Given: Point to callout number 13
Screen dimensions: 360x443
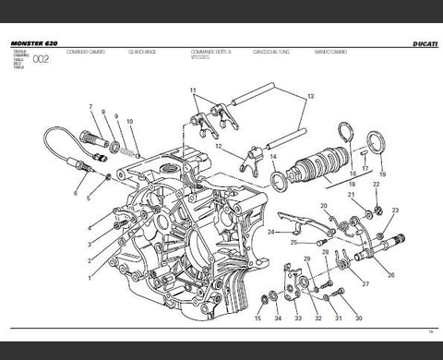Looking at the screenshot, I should point(310,97).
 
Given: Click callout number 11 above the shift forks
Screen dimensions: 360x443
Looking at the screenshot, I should point(194,90).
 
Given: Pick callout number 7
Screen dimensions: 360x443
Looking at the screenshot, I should point(90,108).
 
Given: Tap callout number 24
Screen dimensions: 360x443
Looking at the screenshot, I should point(269,233).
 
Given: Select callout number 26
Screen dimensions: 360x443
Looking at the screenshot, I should point(391,274).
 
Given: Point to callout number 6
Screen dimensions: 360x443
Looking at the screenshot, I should point(76,193).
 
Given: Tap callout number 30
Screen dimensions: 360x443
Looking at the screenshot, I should point(360,319).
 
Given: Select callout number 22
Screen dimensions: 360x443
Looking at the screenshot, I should point(377,186).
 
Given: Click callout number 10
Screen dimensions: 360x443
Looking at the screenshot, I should point(130,122).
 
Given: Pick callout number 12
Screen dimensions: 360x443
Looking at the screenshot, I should point(218,147).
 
